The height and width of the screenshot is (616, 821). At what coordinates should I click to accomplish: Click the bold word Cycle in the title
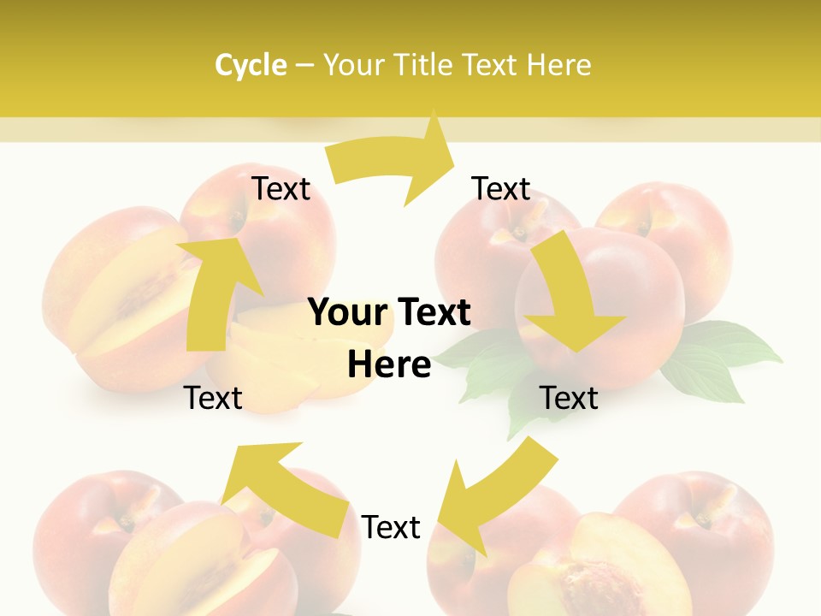coord(251,65)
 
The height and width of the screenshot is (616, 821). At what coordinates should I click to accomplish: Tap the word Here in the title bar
coord(558,65)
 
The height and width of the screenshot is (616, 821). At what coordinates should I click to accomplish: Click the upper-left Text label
coord(281,189)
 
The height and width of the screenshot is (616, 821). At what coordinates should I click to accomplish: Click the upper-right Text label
coord(501,189)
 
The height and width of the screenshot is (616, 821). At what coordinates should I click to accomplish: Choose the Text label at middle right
coord(569,398)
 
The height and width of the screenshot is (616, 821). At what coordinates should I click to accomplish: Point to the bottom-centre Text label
coord(391,527)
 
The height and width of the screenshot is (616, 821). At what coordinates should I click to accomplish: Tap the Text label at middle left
coord(213,398)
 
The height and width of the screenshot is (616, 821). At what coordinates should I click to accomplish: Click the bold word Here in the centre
coord(389,364)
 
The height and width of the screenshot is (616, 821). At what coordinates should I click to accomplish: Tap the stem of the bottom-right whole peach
coord(703,518)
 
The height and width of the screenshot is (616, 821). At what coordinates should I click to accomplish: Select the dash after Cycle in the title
coord(304,65)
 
